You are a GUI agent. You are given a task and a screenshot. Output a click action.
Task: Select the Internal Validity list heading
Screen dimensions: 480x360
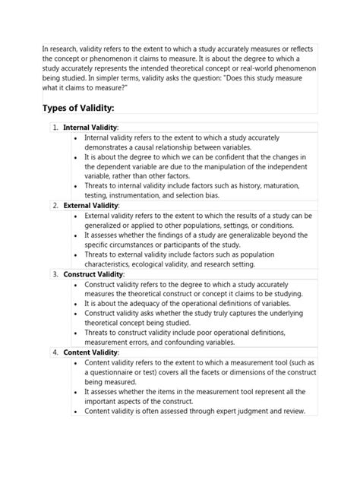[x=90, y=127]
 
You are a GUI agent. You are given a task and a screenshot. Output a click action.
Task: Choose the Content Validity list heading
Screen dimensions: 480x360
[x=90, y=352]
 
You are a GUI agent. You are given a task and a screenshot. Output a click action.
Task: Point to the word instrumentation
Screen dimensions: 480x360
[x=149, y=194]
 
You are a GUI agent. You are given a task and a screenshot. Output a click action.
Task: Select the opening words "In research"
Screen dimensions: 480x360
[x=63, y=49]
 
